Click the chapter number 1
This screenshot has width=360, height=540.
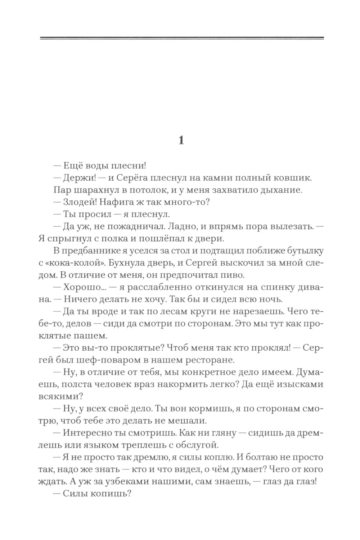[x=181, y=140]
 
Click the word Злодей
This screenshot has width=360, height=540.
[x=78, y=202]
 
